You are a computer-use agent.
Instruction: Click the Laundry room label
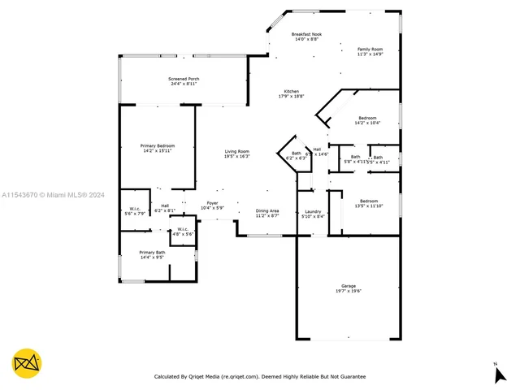pyautogui.click(x=313, y=214)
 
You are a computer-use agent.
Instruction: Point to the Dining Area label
pyautogui.click(x=267, y=213)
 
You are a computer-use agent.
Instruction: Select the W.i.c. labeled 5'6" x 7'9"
pyautogui.click(x=134, y=210)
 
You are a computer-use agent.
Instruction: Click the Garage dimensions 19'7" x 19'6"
pyautogui.click(x=349, y=290)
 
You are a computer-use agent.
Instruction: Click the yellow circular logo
pyautogui.click(x=27, y=363)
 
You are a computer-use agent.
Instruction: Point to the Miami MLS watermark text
pyautogui.click(x=54, y=195)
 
